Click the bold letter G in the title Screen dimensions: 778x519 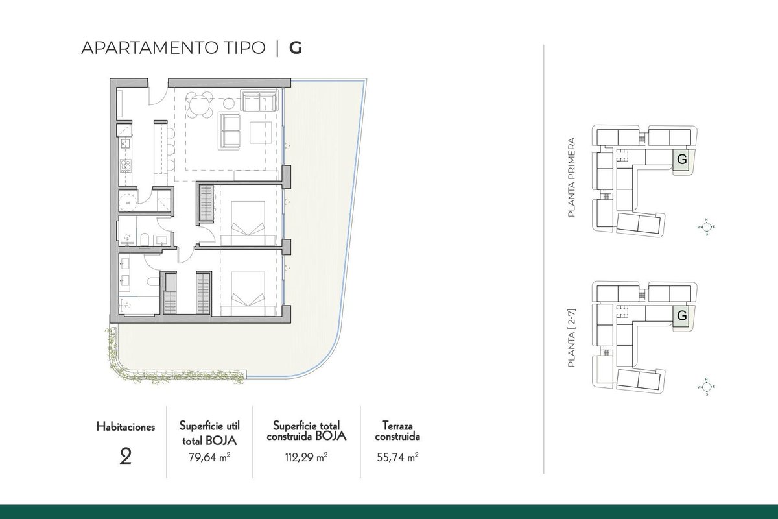pos(296,48)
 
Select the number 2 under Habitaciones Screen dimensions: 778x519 pos(125,457)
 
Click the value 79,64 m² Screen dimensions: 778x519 pos(209,457)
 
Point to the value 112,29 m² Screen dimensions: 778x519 pos(306,457)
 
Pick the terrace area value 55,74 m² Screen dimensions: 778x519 pos(397,457)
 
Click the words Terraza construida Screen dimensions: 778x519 pos(397,431)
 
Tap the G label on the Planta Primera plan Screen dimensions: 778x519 pos(682,160)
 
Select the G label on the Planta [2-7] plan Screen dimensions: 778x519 pos(682,316)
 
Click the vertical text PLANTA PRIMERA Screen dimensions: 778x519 pos(571,177)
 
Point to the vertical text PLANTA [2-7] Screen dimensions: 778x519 pos(571,338)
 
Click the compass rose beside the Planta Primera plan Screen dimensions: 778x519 pos(707,227)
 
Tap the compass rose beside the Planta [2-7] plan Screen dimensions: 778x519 pos(707,387)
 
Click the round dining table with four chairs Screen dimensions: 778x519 pos(200,104)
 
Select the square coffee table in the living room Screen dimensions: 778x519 pos(261,132)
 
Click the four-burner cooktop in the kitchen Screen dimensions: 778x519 pos(125,166)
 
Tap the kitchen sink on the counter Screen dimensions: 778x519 pos(124,142)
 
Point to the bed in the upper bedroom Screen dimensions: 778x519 pos(248,223)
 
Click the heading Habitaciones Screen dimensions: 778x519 pos(126,427)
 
